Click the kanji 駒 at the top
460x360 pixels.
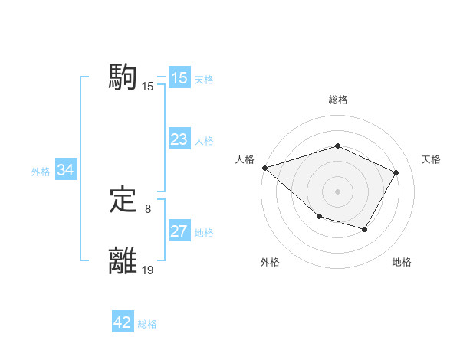click(123, 77)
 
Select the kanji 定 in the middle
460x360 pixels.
click(123, 201)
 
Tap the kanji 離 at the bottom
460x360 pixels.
click(123, 260)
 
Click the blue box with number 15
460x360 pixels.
click(179, 78)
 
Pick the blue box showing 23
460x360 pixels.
click(179, 139)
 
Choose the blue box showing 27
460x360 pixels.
click(179, 231)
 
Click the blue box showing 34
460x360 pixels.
click(65, 170)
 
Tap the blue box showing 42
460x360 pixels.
click(123, 322)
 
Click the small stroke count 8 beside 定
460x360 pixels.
click(148, 208)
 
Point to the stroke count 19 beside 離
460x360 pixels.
click(148, 270)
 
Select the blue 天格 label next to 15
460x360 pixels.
click(204, 80)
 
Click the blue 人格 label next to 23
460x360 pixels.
click(204, 141)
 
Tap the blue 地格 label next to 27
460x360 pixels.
click(204, 233)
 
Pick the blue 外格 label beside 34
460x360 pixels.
click(41, 172)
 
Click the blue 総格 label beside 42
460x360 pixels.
click(147, 324)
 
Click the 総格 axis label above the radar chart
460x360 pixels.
click(337, 100)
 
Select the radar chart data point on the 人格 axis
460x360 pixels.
click(264, 167)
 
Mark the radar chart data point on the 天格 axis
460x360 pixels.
click(396, 172)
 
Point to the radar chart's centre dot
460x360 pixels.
click(337, 191)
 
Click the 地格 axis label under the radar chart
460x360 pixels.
click(402, 262)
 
